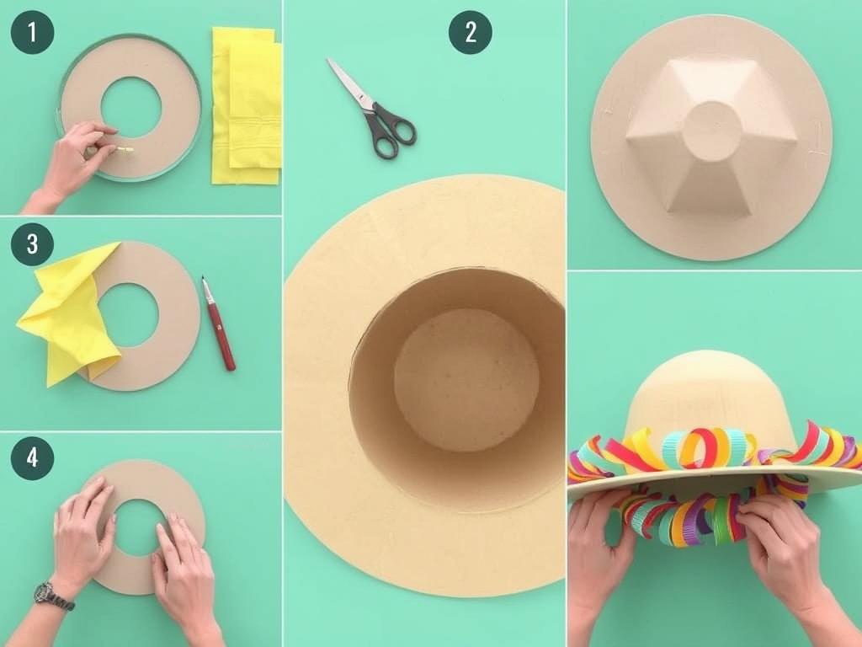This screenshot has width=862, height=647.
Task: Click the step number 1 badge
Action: coord(32,33)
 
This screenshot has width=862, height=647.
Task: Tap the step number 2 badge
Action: coord(470,33)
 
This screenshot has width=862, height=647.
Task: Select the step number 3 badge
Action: coord(32,244)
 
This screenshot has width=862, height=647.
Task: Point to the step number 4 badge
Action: coord(32,458)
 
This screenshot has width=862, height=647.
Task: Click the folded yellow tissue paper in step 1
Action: coord(246,104)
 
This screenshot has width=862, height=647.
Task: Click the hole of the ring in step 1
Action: coord(130,107)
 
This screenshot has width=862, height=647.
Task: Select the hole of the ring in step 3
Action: coord(128,314)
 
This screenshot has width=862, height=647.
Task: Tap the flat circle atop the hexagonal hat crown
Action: coord(711,131)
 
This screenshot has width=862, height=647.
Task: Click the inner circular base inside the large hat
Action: coord(466,379)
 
